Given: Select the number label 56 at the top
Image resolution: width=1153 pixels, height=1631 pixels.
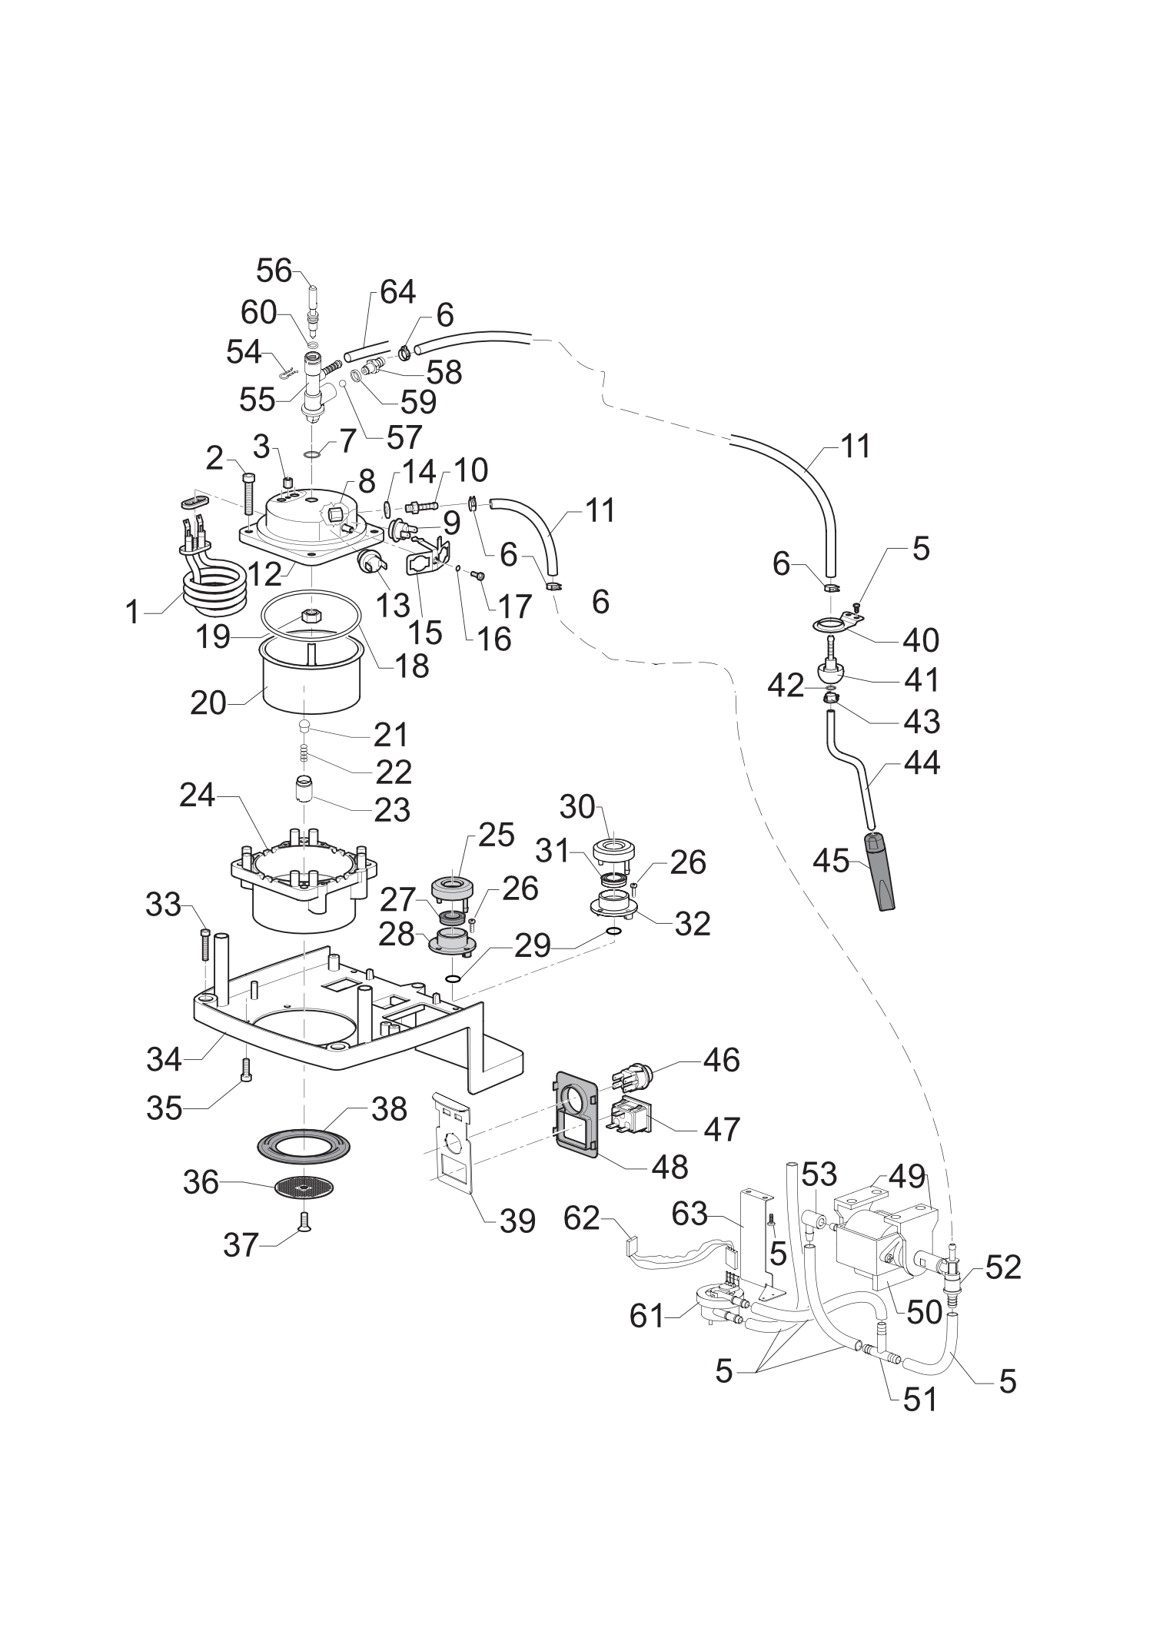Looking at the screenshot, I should coord(274,271).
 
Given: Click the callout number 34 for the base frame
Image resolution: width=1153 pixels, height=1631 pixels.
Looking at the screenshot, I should coord(164,1060).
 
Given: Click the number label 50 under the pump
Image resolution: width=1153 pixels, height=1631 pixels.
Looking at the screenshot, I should coord(923,1312).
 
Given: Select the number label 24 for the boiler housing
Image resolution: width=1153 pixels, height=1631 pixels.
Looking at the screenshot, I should coord(198,796).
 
